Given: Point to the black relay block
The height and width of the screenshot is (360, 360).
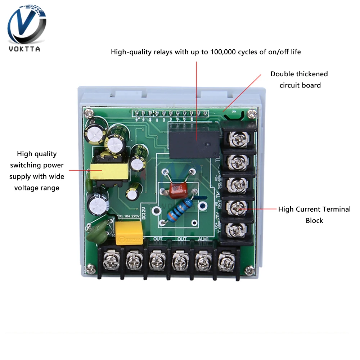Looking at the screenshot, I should pyautogui.click(x=194, y=139).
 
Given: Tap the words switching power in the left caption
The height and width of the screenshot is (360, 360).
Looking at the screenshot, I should pyautogui.click(x=37, y=165).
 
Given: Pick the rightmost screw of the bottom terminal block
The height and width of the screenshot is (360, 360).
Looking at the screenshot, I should pyautogui.click(x=225, y=260).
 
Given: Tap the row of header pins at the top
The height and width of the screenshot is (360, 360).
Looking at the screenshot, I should pyautogui.click(x=171, y=114).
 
